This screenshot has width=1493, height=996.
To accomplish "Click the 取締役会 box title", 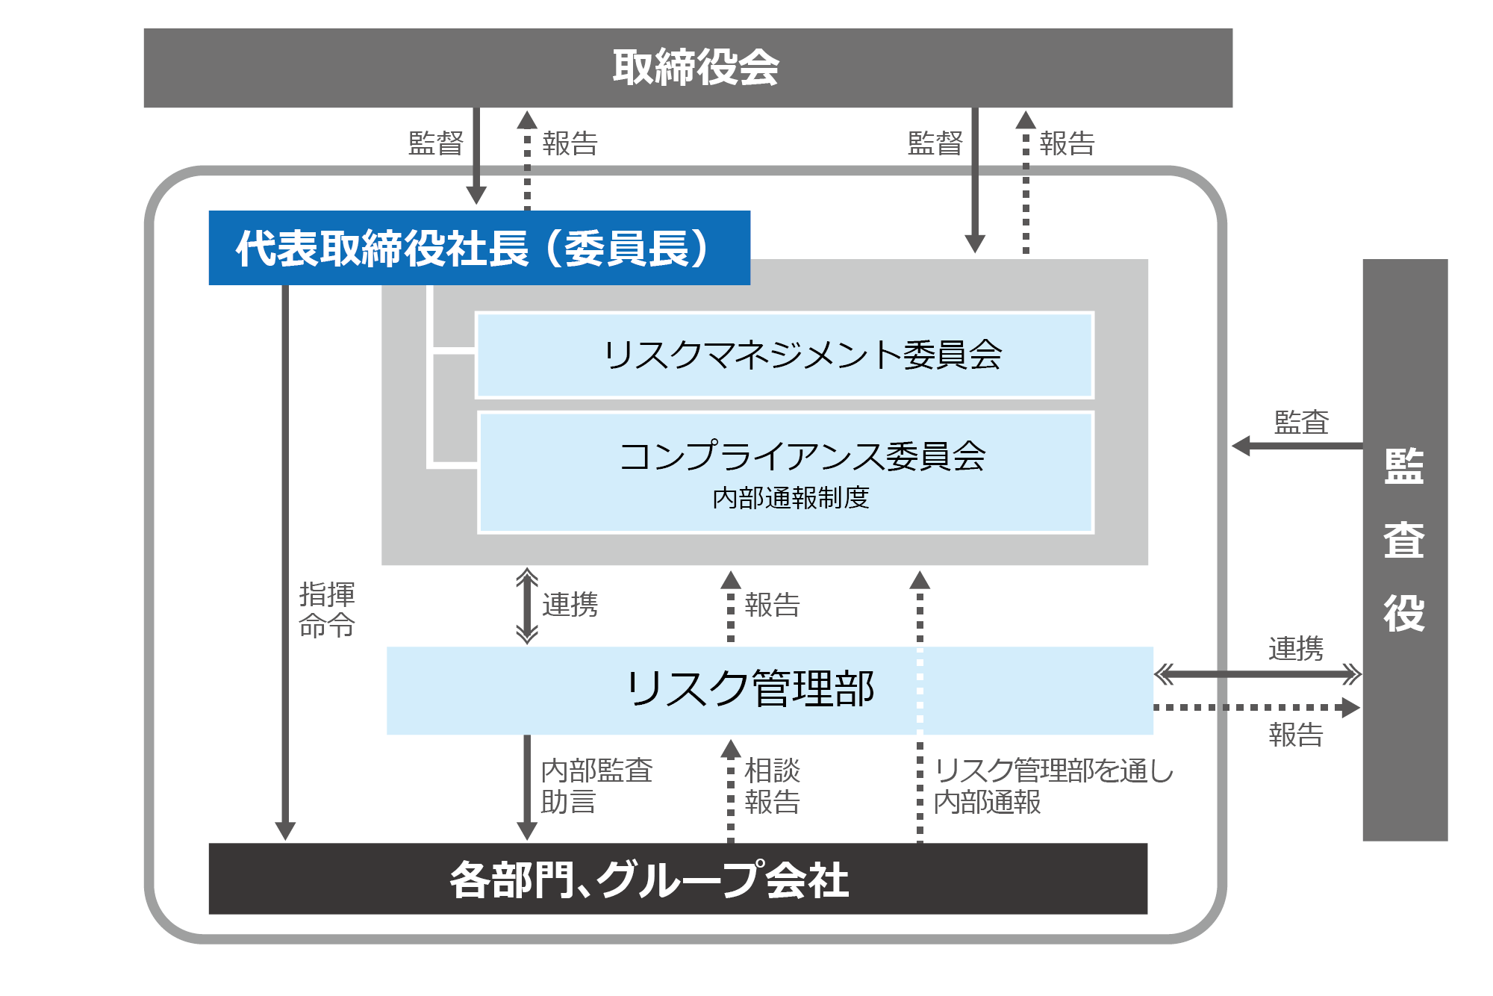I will [x=695, y=67].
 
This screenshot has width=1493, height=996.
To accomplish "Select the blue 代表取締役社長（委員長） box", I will [x=479, y=248].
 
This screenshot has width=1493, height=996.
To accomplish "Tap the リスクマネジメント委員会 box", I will [x=802, y=355].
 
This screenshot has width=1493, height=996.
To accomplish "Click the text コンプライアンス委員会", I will [x=802, y=455].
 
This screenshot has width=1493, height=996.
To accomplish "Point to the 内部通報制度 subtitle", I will [x=791, y=497].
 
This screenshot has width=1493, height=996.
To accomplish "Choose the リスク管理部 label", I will [x=750, y=688].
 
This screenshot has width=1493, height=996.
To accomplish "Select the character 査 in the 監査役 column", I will [x=1404, y=539].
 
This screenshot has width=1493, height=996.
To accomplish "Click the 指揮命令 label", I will [x=327, y=610].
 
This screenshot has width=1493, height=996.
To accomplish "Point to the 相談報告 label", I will [x=772, y=786].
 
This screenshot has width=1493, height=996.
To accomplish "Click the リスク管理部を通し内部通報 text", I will [x=1053, y=786].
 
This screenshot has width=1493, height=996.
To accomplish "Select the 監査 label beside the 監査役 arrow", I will [x=1301, y=423].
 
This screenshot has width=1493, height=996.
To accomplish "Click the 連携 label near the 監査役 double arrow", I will [x=1295, y=649].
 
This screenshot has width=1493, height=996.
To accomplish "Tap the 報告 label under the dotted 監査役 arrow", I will [x=1295, y=735].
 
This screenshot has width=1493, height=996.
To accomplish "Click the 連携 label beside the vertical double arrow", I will [x=570, y=605].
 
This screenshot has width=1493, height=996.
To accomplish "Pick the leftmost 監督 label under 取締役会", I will [x=436, y=143].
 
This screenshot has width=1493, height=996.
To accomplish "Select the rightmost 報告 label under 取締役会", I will [x=1067, y=143].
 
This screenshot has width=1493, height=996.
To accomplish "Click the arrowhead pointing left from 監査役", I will [x=1241, y=446].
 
